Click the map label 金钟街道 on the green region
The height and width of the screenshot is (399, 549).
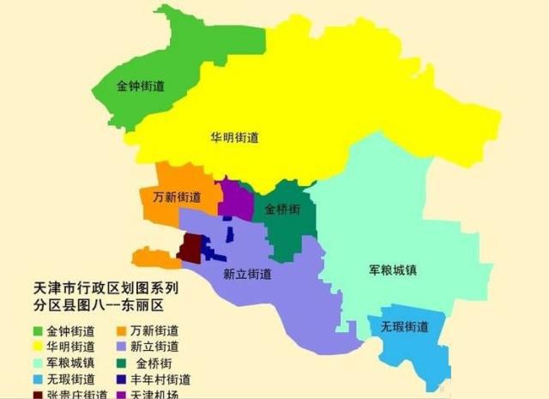[141, 86]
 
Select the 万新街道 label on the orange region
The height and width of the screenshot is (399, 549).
[177, 196]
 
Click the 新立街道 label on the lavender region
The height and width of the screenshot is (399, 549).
[247, 275]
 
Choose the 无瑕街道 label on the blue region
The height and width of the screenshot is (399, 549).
[404, 327]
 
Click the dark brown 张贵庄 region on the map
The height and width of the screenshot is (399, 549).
[190, 248]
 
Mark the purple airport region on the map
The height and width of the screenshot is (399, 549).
[235, 199]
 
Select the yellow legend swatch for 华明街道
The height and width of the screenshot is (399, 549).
[38, 347]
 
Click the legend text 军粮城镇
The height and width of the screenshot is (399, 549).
[71, 363]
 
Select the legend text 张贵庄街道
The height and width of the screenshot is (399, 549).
[77, 394]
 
